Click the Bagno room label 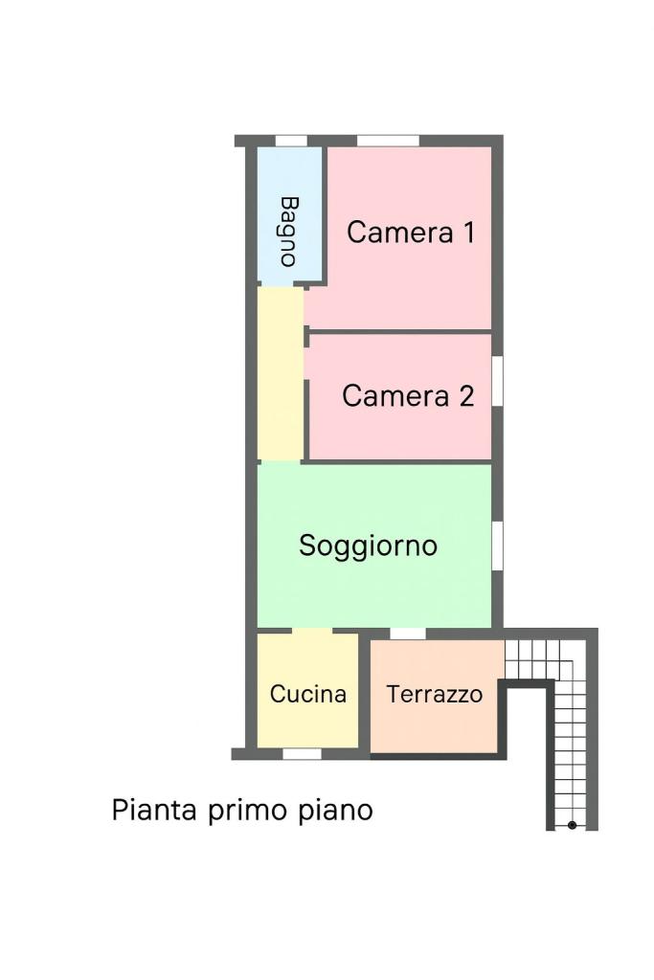coord(289,232)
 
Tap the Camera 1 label coord(411,233)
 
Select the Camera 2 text coord(408,395)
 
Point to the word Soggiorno coord(369,546)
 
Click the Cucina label coord(308,694)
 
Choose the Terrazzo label coord(435,694)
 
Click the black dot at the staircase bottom coord(572,825)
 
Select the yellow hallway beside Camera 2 coord(281,374)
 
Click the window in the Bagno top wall coord(291,142)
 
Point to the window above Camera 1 coord(388,142)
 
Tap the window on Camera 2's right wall coord(498,381)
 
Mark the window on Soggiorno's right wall coord(498,546)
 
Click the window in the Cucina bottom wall coord(302,754)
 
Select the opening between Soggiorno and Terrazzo coord(408,634)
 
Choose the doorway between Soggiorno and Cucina coord(312,631)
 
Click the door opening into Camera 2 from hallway coord(306,363)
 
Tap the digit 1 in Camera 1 coord(468,233)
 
